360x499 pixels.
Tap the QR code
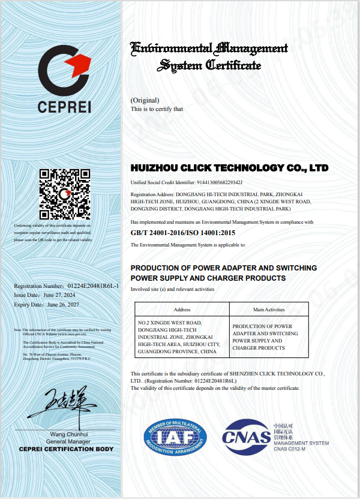coord(64,194)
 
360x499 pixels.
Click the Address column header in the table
coord(182,309)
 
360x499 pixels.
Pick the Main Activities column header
coord(269,309)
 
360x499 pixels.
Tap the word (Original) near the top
coord(145,100)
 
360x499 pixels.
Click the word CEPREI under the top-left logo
coord(64,108)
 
